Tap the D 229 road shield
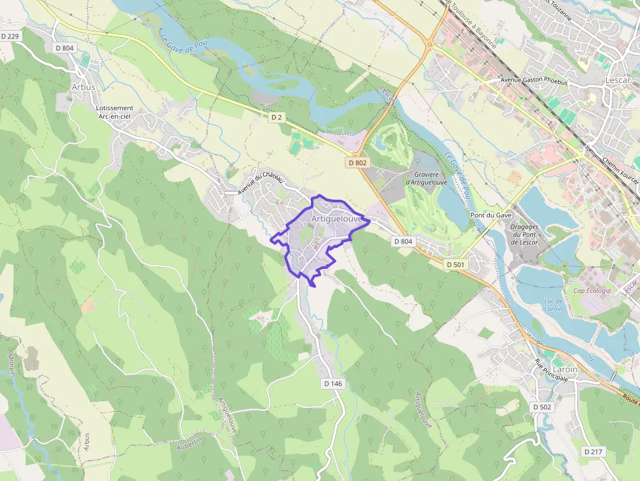coord(10,36)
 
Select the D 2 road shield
coord(277,117)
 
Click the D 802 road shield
coord(358,163)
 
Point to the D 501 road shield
coord(455,264)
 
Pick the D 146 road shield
coord(332,384)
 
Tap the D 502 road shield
coord(542,407)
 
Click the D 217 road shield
coord(593,452)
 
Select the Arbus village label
coord(83,87)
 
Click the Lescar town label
coord(617,80)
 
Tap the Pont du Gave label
coord(488,215)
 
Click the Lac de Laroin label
coord(553,305)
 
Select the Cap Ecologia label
coord(592,291)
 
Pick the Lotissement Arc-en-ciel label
coord(114,112)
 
